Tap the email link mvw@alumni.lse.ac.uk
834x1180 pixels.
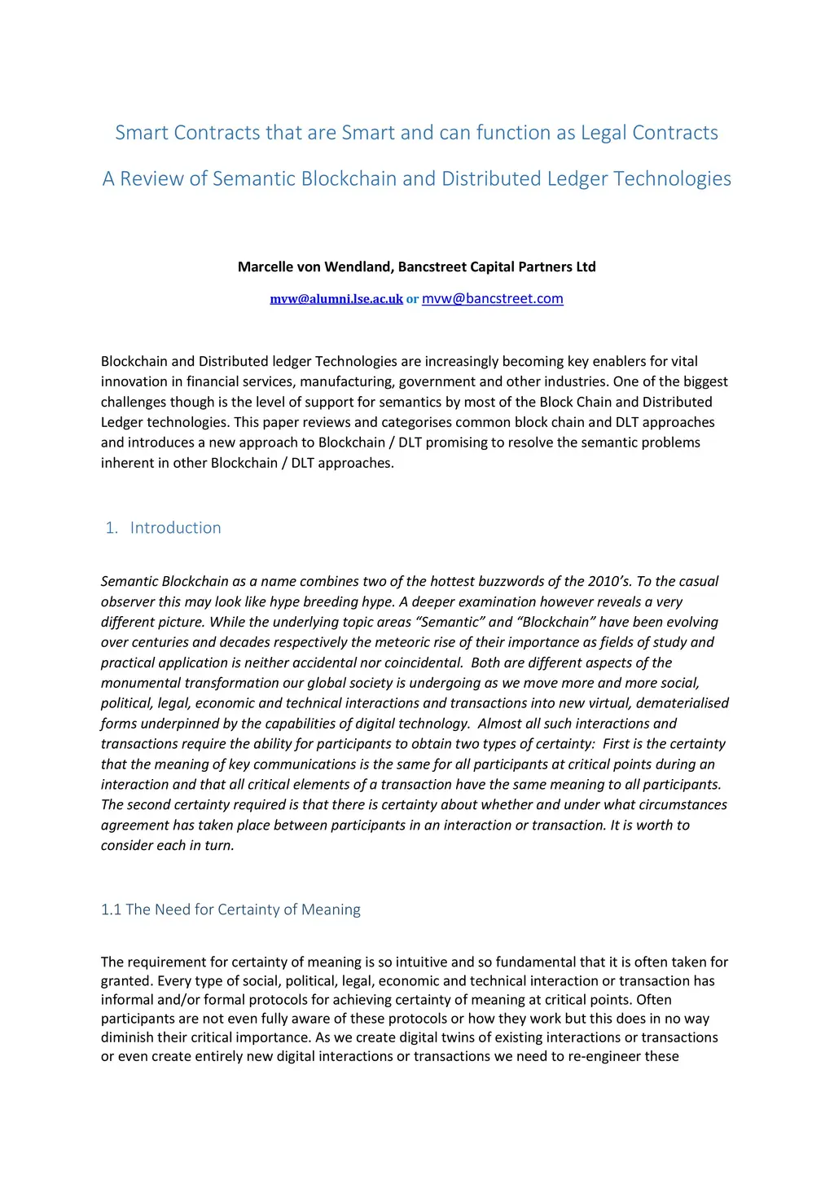pyautogui.click(x=336, y=299)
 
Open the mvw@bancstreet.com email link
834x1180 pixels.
pyautogui.click(x=492, y=298)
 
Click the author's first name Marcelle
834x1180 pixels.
pyautogui.click(x=267, y=266)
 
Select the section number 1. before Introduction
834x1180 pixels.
pyautogui.click(x=112, y=528)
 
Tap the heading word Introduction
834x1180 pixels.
pyautogui.click(x=175, y=528)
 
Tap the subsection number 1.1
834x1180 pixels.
pyautogui.click(x=111, y=909)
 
